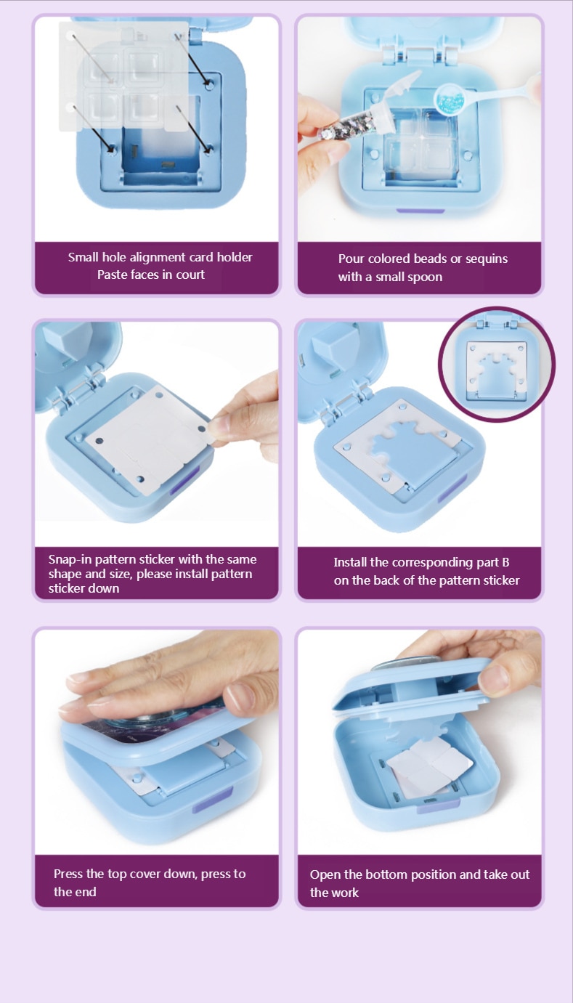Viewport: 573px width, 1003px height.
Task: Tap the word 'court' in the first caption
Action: click(191, 275)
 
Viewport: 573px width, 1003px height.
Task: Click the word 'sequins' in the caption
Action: click(487, 259)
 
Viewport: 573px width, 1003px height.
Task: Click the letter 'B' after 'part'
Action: click(506, 562)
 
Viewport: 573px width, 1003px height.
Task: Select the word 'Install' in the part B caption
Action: click(350, 562)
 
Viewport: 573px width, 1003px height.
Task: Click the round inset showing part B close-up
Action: click(497, 364)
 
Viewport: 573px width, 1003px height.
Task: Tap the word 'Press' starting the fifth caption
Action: click(68, 874)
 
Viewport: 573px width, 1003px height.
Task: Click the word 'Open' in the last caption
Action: click(325, 875)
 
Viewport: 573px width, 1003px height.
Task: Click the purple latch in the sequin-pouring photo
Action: click(420, 211)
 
